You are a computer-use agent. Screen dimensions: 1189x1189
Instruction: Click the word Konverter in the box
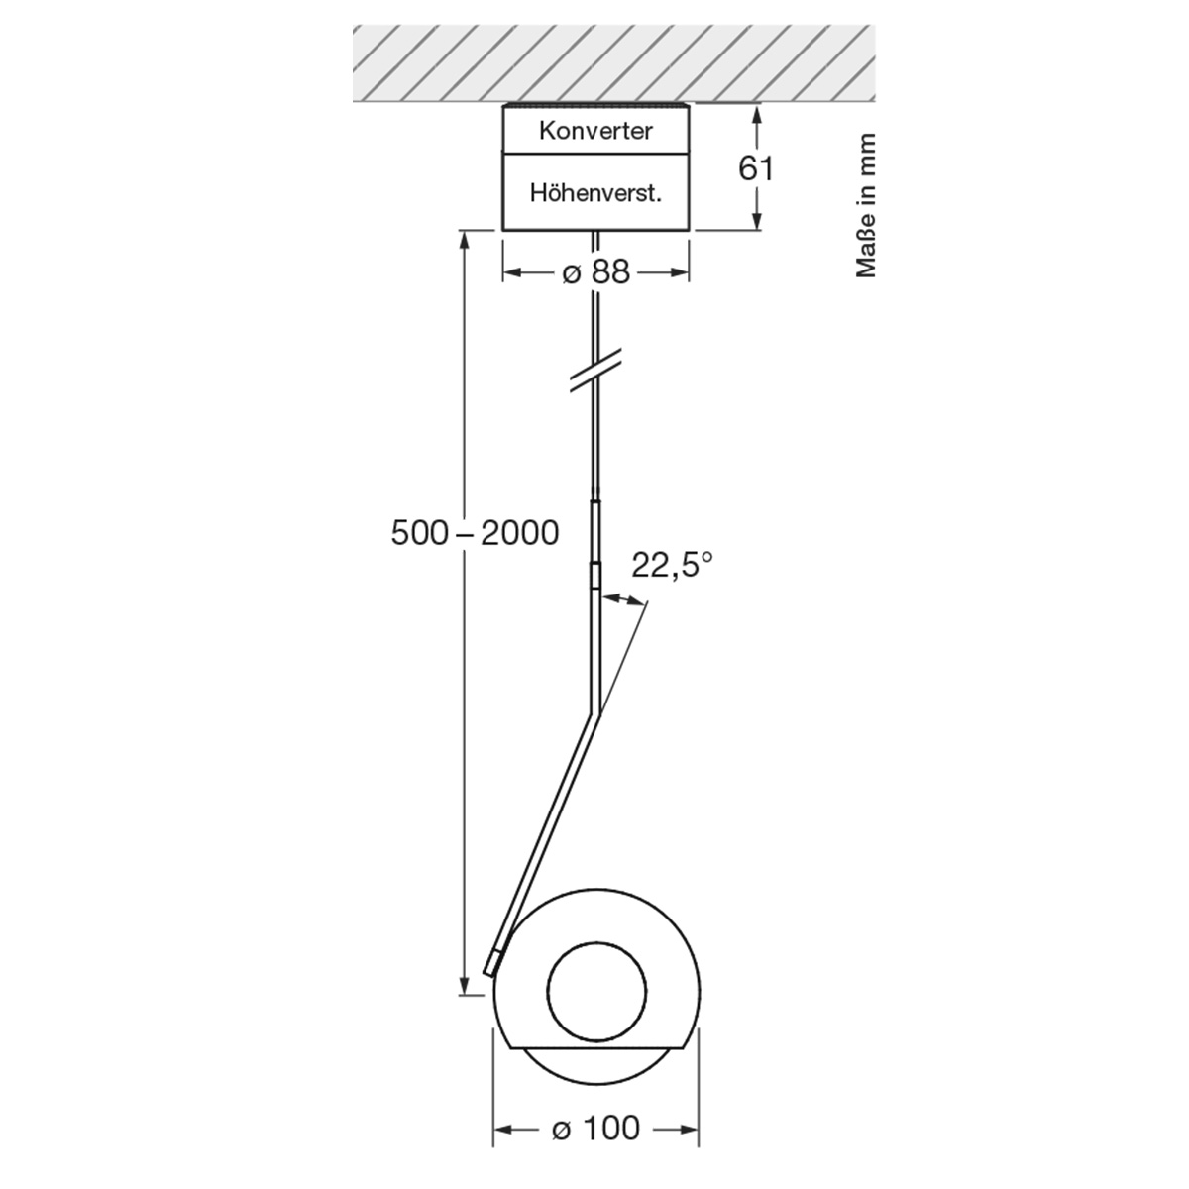coord(595,131)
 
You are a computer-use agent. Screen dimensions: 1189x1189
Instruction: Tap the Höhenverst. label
coord(595,192)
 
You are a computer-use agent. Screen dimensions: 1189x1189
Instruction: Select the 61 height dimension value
coord(756,168)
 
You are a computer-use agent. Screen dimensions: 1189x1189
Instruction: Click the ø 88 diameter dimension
coord(595,272)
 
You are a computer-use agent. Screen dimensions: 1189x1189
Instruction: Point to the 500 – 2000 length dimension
coord(475,533)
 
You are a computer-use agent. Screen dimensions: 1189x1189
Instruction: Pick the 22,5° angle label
coord(673,566)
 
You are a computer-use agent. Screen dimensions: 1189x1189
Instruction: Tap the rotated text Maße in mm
coord(867,205)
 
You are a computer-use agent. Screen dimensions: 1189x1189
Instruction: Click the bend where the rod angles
coord(595,711)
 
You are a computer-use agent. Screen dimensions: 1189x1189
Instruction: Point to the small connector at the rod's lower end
coord(492,960)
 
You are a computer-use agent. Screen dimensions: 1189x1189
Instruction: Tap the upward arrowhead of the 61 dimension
coord(757,115)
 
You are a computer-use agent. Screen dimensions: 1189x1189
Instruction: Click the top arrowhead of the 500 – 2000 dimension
coord(464,239)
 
